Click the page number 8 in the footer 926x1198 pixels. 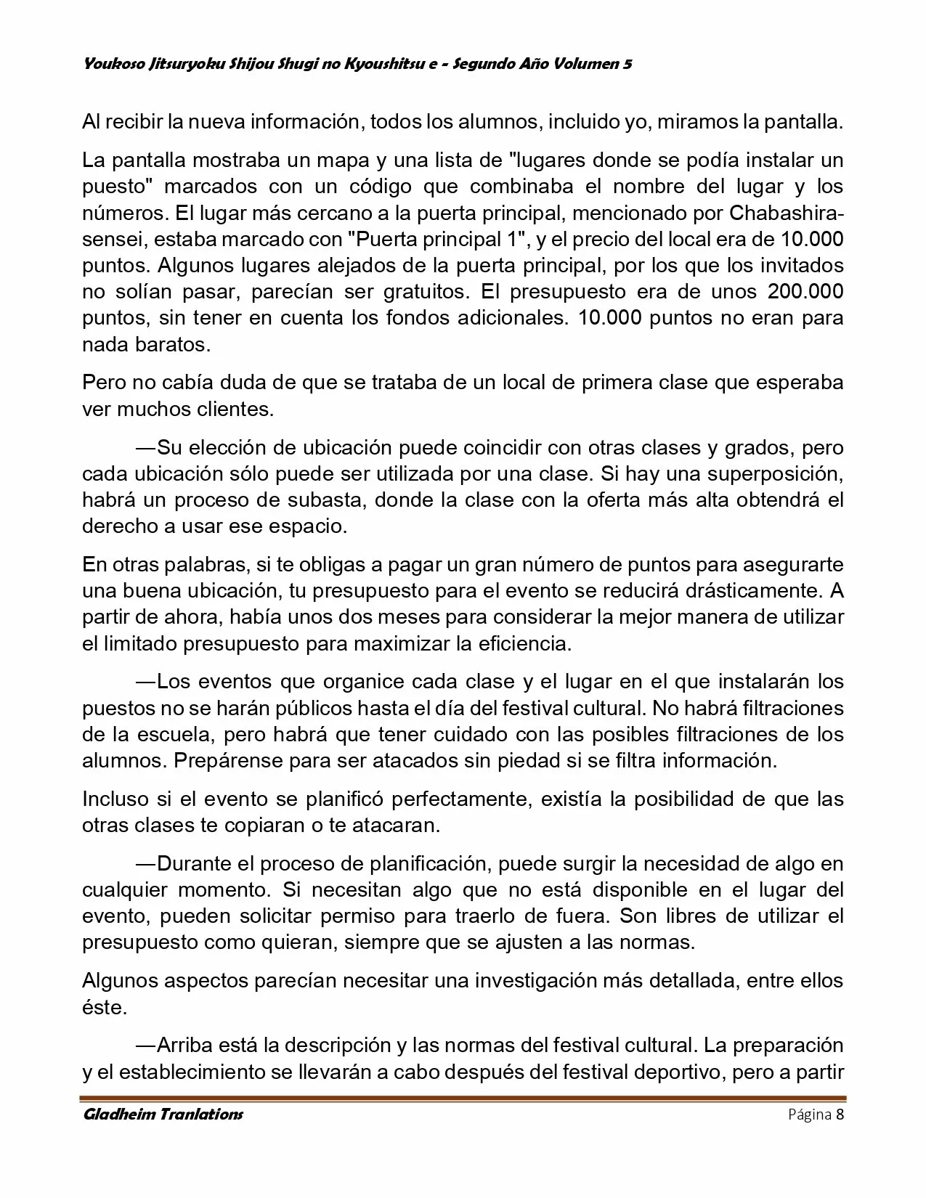click(840, 1115)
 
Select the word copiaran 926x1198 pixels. click(243, 826)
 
